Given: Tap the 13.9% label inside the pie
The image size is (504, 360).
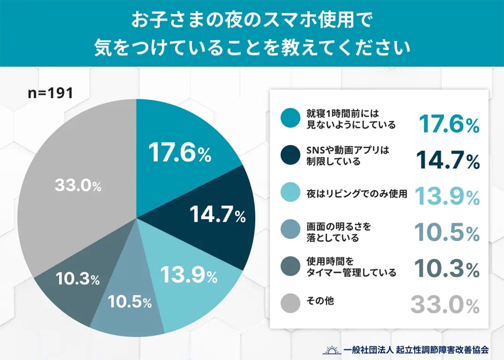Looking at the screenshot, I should (189, 276).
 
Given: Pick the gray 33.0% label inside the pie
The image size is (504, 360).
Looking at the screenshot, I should (78, 186).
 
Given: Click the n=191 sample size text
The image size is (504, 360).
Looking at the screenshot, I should (50, 93).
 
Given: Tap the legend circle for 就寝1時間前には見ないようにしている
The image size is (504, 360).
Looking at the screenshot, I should (290, 119).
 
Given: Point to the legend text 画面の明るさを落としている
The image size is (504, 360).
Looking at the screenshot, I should (339, 232).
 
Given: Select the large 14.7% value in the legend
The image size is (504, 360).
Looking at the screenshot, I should (447, 160).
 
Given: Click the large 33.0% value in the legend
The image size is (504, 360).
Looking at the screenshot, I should (445, 305).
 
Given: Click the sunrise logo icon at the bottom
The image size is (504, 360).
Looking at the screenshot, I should (331, 348).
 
